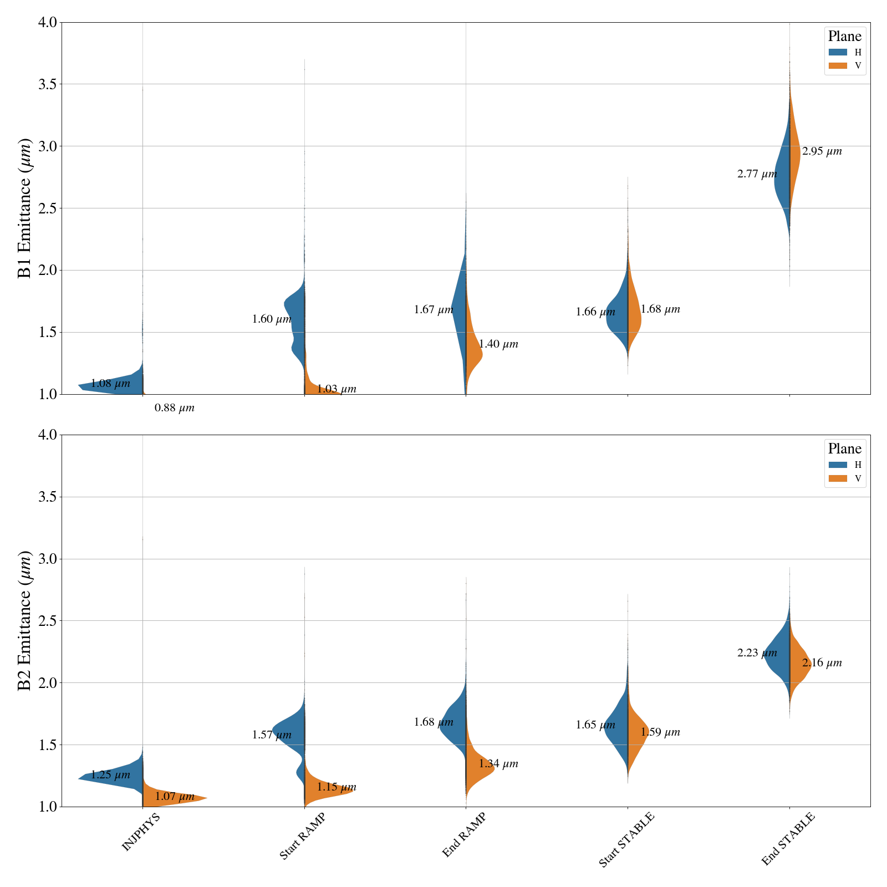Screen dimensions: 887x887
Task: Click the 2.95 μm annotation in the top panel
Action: click(822, 151)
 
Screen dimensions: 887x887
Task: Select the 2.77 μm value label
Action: click(757, 174)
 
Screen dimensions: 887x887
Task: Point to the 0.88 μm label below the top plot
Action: click(175, 408)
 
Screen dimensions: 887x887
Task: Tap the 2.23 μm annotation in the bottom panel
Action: click(757, 653)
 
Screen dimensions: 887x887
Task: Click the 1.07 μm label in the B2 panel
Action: click(175, 797)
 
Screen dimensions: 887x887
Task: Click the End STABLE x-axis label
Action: click(788, 839)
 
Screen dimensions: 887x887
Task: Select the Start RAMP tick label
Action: click(302, 837)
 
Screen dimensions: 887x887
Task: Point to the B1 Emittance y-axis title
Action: click(24, 208)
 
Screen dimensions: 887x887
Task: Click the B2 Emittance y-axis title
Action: click(24, 621)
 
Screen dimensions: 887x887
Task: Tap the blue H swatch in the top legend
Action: click(838, 52)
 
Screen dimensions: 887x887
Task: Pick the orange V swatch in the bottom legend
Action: click(838, 478)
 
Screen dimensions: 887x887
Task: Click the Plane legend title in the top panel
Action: click(845, 37)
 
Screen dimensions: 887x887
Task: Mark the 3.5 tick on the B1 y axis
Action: click(48, 84)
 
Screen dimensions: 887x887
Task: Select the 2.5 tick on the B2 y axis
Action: click(48, 621)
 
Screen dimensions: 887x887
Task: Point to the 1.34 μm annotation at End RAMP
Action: click(498, 764)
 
